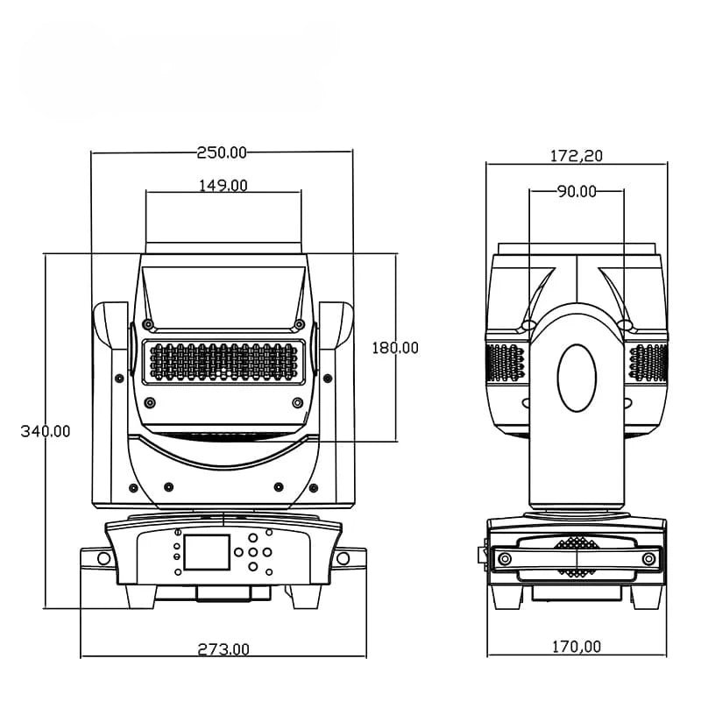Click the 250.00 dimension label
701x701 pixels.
pyautogui.click(x=222, y=152)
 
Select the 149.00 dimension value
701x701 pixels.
pyautogui.click(x=223, y=185)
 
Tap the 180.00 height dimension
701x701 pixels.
pyautogui.click(x=395, y=348)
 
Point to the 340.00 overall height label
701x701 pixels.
pyautogui.click(x=46, y=431)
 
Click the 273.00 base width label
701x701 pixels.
pyautogui.click(x=223, y=649)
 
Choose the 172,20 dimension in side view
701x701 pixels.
pyautogui.click(x=577, y=156)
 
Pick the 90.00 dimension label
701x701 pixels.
pyautogui.click(x=577, y=192)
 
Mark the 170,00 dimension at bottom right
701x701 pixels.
pyautogui.click(x=577, y=647)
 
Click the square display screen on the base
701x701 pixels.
pyautogui.click(x=207, y=552)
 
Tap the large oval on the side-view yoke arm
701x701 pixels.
pyautogui.click(x=577, y=378)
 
